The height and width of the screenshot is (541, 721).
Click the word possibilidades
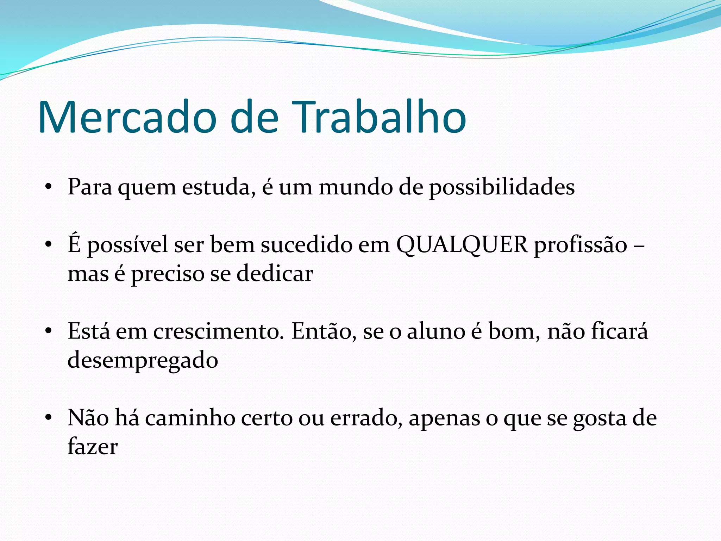click(502, 187)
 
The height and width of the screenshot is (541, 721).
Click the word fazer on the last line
click(92, 447)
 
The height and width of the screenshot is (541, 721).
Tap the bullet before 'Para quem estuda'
click(49, 187)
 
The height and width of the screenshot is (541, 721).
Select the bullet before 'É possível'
click(49, 244)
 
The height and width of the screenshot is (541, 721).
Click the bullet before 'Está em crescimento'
click(49, 331)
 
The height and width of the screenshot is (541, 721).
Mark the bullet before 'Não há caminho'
click(49, 418)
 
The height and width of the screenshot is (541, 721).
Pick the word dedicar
click(275, 274)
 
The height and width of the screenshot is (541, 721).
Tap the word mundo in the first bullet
click(356, 187)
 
